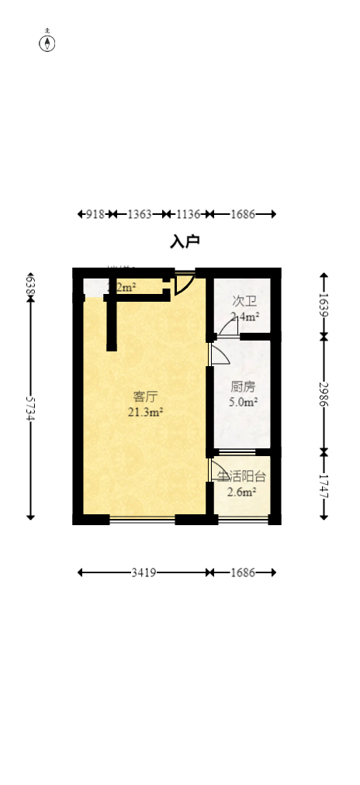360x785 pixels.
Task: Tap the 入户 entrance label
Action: click(x=185, y=242)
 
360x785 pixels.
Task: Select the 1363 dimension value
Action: click(x=140, y=214)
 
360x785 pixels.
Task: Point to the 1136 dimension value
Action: click(x=188, y=214)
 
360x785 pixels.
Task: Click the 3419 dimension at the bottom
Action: click(x=144, y=572)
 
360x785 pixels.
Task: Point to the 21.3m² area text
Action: click(x=145, y=413)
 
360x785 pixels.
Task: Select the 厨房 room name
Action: click(x=243, y=387)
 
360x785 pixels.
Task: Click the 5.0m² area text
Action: click(x=243, y=403)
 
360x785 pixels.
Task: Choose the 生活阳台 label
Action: click(x=241, y=477)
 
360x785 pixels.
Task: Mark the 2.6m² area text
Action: click(x=242, y=492)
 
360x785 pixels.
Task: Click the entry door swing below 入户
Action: click(x=183, y=284)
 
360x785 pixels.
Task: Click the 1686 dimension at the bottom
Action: click(x=243, y=572)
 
